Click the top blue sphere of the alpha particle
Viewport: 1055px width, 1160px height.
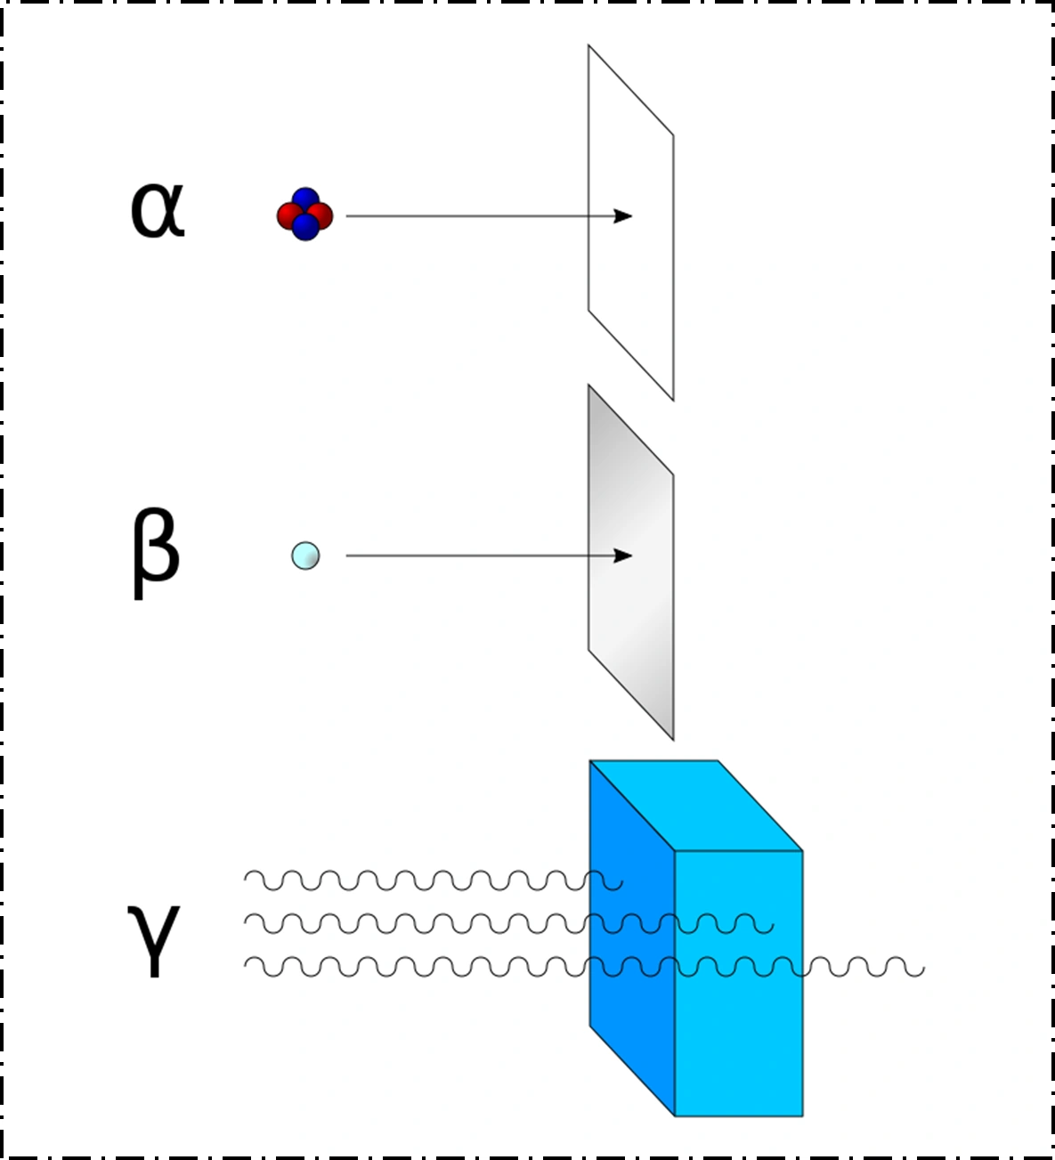coord(305,199)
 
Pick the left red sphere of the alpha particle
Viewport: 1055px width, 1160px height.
coord(288,215)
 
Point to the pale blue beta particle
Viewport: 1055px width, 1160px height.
coord(305,556)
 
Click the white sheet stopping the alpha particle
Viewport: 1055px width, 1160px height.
coord(630,285)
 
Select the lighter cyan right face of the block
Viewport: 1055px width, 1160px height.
coord(739,1033)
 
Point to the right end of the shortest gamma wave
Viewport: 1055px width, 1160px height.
coord(621,883)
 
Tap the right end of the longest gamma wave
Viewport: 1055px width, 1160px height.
coord(923,968)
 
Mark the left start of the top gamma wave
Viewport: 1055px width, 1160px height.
coord(247,878)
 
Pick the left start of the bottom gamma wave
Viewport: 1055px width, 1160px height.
coord(247,963)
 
